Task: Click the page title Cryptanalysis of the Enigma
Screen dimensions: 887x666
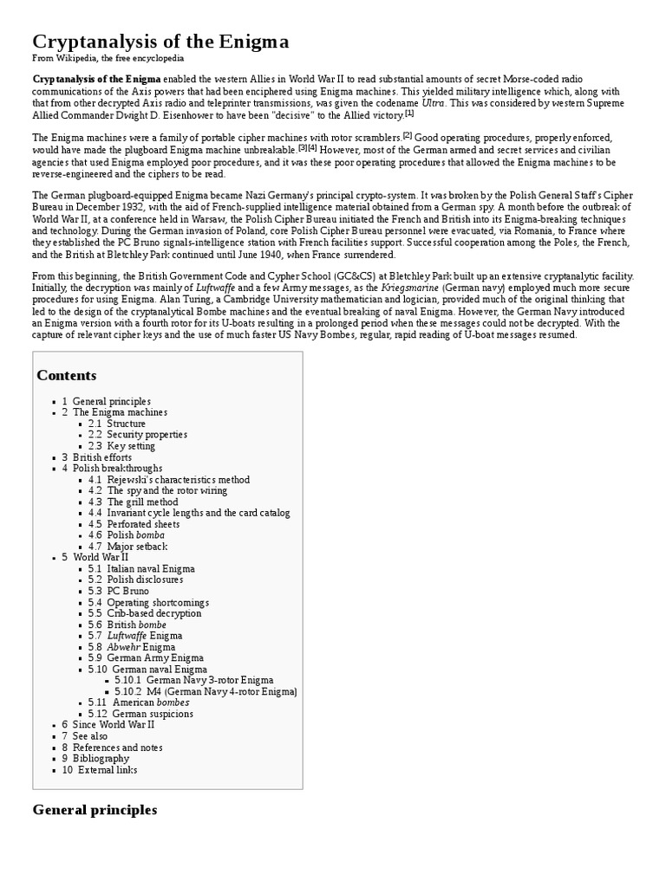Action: [x=160, y=42]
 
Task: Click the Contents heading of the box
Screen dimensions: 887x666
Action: [x=67, y=375]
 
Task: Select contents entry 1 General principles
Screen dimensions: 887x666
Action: [x=111, y=402]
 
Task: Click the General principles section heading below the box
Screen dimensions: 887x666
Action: [x=95, y=811]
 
